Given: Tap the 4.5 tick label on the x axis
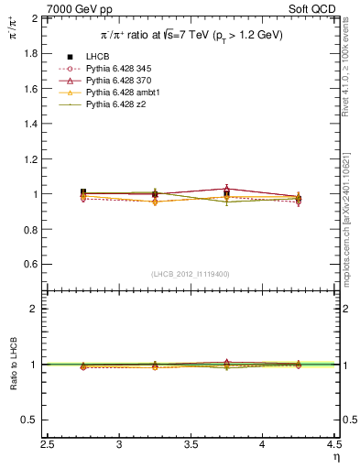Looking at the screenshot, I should pos(333,444).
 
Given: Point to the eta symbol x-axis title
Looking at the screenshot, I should pos(336,456).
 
